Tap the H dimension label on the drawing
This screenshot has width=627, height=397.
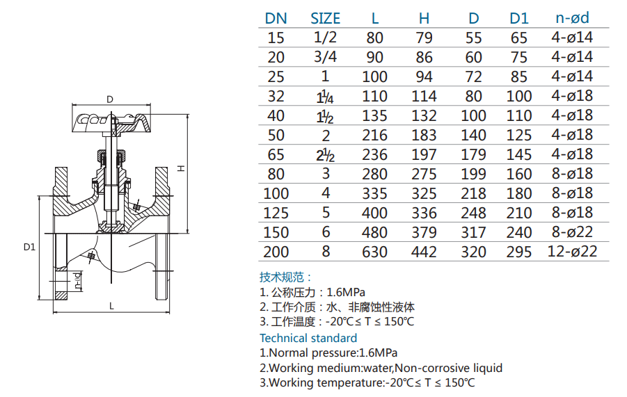point(180,168)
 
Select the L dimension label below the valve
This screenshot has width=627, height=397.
point(111,305)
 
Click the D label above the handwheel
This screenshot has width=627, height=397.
point(110,99)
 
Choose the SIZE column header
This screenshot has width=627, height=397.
point(325,18)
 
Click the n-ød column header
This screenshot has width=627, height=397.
point(572,18)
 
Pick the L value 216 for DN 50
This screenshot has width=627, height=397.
point(375,135)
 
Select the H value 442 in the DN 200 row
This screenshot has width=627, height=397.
point(424,252)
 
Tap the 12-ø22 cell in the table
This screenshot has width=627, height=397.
point(572,252)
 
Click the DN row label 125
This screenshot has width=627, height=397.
point(276,213)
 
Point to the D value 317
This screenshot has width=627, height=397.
point(474,232)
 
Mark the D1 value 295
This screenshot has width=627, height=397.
point(518,252)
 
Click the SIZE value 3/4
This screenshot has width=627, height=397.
point(325,57)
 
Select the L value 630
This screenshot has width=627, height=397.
point(375,252)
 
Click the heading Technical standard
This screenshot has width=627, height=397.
point(308,338)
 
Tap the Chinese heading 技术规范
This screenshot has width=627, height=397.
point(286,277)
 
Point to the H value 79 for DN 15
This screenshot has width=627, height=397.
point(424,38)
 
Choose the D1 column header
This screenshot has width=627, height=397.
point(518,18)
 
